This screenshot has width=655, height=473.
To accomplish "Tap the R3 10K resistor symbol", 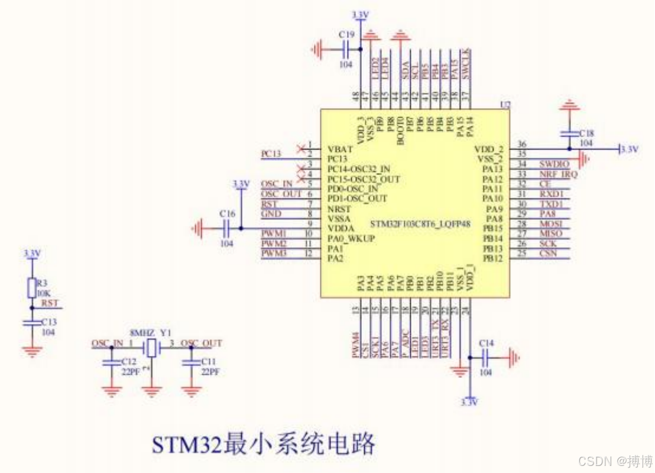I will (32, 288).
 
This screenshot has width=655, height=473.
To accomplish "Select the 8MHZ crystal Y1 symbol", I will (153, 348).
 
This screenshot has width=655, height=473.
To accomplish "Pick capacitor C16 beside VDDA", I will (226, 228).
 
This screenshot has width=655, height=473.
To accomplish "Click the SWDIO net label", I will (554, 164).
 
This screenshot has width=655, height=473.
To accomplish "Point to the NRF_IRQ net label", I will (558, 174).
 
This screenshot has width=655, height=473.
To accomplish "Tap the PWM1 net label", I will (274, 234).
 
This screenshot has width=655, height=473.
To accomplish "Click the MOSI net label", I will (550, 223).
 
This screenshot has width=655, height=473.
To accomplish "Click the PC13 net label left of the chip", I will (271, 154).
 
